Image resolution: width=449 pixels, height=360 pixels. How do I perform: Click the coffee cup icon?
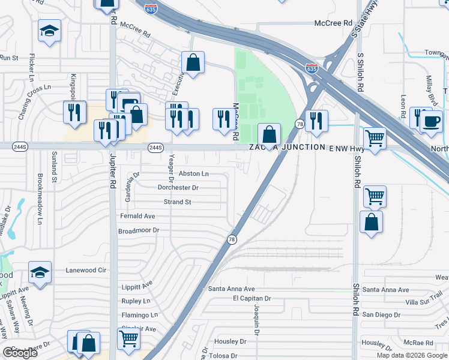430,121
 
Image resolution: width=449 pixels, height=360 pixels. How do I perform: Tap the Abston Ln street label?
194,173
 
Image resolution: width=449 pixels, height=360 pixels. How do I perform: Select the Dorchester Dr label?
178,188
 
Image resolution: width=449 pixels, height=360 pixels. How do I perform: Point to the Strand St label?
177,202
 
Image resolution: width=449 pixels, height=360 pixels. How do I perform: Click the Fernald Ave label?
137,216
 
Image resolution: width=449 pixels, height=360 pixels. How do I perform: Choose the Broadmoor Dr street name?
138,230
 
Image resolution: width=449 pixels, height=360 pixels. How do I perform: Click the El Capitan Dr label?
252,298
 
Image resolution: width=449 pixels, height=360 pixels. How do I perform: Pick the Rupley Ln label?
135,301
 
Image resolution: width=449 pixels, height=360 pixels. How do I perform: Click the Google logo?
20,353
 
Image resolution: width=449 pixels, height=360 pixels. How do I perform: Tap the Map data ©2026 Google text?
412,355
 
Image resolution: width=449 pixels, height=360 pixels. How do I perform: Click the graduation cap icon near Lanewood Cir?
40,272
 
